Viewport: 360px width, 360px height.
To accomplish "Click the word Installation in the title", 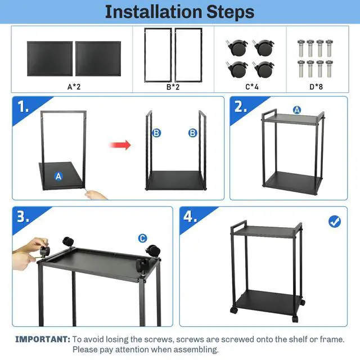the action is (x=154, y=12).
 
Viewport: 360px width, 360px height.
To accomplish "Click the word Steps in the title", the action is (x=230, y=12).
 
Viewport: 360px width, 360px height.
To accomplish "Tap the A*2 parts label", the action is (x=74, y=87).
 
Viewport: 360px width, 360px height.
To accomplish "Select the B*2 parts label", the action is (x=173, y=87).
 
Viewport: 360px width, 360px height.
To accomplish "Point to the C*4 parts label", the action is (x=252, y=87).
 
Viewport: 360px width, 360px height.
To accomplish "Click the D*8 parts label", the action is (x=316, y=87).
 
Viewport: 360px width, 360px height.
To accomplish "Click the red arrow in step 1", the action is (x=120, y=145).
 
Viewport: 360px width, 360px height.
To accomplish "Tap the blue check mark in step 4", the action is (x=335, y=222).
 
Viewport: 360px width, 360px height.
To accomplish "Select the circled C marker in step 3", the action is (x=142, y=238).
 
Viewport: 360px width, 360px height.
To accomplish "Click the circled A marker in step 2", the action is (x=297, y=110).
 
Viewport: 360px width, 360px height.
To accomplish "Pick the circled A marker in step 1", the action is (x=58, y=176).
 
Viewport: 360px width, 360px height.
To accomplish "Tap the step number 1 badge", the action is (x=23, y=107).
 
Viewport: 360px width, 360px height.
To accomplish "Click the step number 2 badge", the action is (x=240, y=107).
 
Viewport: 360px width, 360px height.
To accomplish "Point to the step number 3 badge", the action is (x=23, y=217).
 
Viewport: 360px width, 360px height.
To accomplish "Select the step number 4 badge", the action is (x=190, y=217).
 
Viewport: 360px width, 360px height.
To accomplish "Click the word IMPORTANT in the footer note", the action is (x=43, y=339).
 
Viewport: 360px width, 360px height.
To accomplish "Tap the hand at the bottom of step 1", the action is (x=96, y=195).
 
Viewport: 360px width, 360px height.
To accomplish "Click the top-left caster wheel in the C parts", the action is (x=238, y=47).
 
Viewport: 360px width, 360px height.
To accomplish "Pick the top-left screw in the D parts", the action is (x=301, y=48).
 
